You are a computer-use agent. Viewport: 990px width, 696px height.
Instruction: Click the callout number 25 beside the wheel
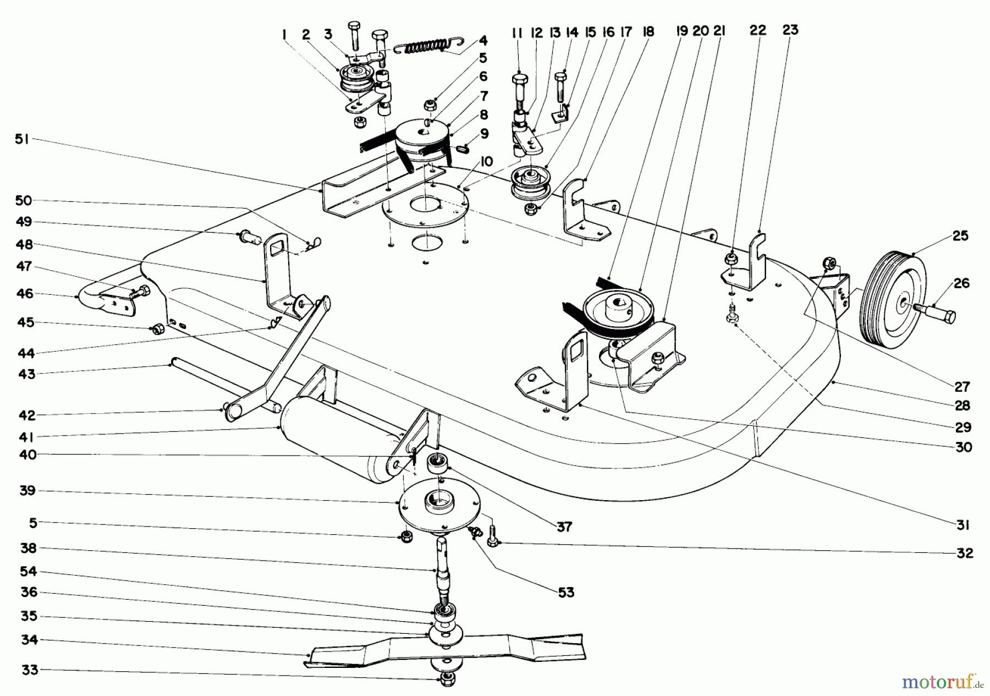point(961,236)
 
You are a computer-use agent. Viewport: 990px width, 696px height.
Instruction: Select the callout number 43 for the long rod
point(26,374)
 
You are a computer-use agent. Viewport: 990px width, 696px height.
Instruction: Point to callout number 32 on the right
point(964,553)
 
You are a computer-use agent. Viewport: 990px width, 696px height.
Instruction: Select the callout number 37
point(564,527)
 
